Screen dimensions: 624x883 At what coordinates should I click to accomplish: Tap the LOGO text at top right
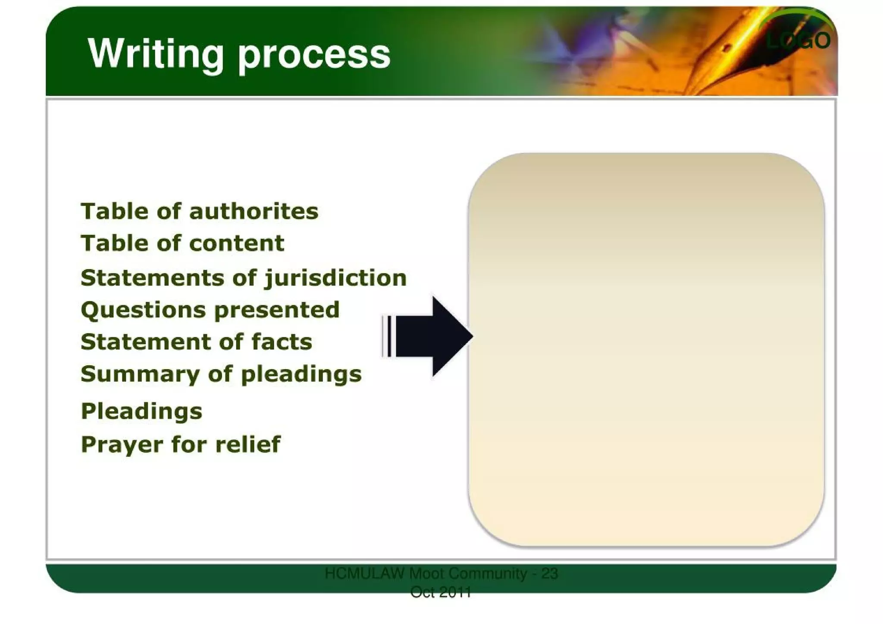click(x=798, y=41)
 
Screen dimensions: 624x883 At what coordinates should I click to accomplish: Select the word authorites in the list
click(x=254, y=211)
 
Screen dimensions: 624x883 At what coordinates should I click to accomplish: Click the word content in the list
click(x=237, y=243)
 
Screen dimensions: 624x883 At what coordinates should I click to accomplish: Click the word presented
click(x=277, y=310)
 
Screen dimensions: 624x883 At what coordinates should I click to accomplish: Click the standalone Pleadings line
click(x=141, y=411)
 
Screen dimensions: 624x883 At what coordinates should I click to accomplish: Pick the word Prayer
click(x=122, y=445)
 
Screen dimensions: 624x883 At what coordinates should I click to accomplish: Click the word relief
click(x=248, y=444)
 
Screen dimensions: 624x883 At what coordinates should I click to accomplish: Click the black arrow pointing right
click(x=435, y=336)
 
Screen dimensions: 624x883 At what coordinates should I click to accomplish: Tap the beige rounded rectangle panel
click(x=646, y=349)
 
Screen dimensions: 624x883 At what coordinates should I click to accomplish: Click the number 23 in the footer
click(x=549, y=574)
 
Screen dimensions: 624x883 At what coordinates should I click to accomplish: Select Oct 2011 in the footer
click(x=440, y=593)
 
